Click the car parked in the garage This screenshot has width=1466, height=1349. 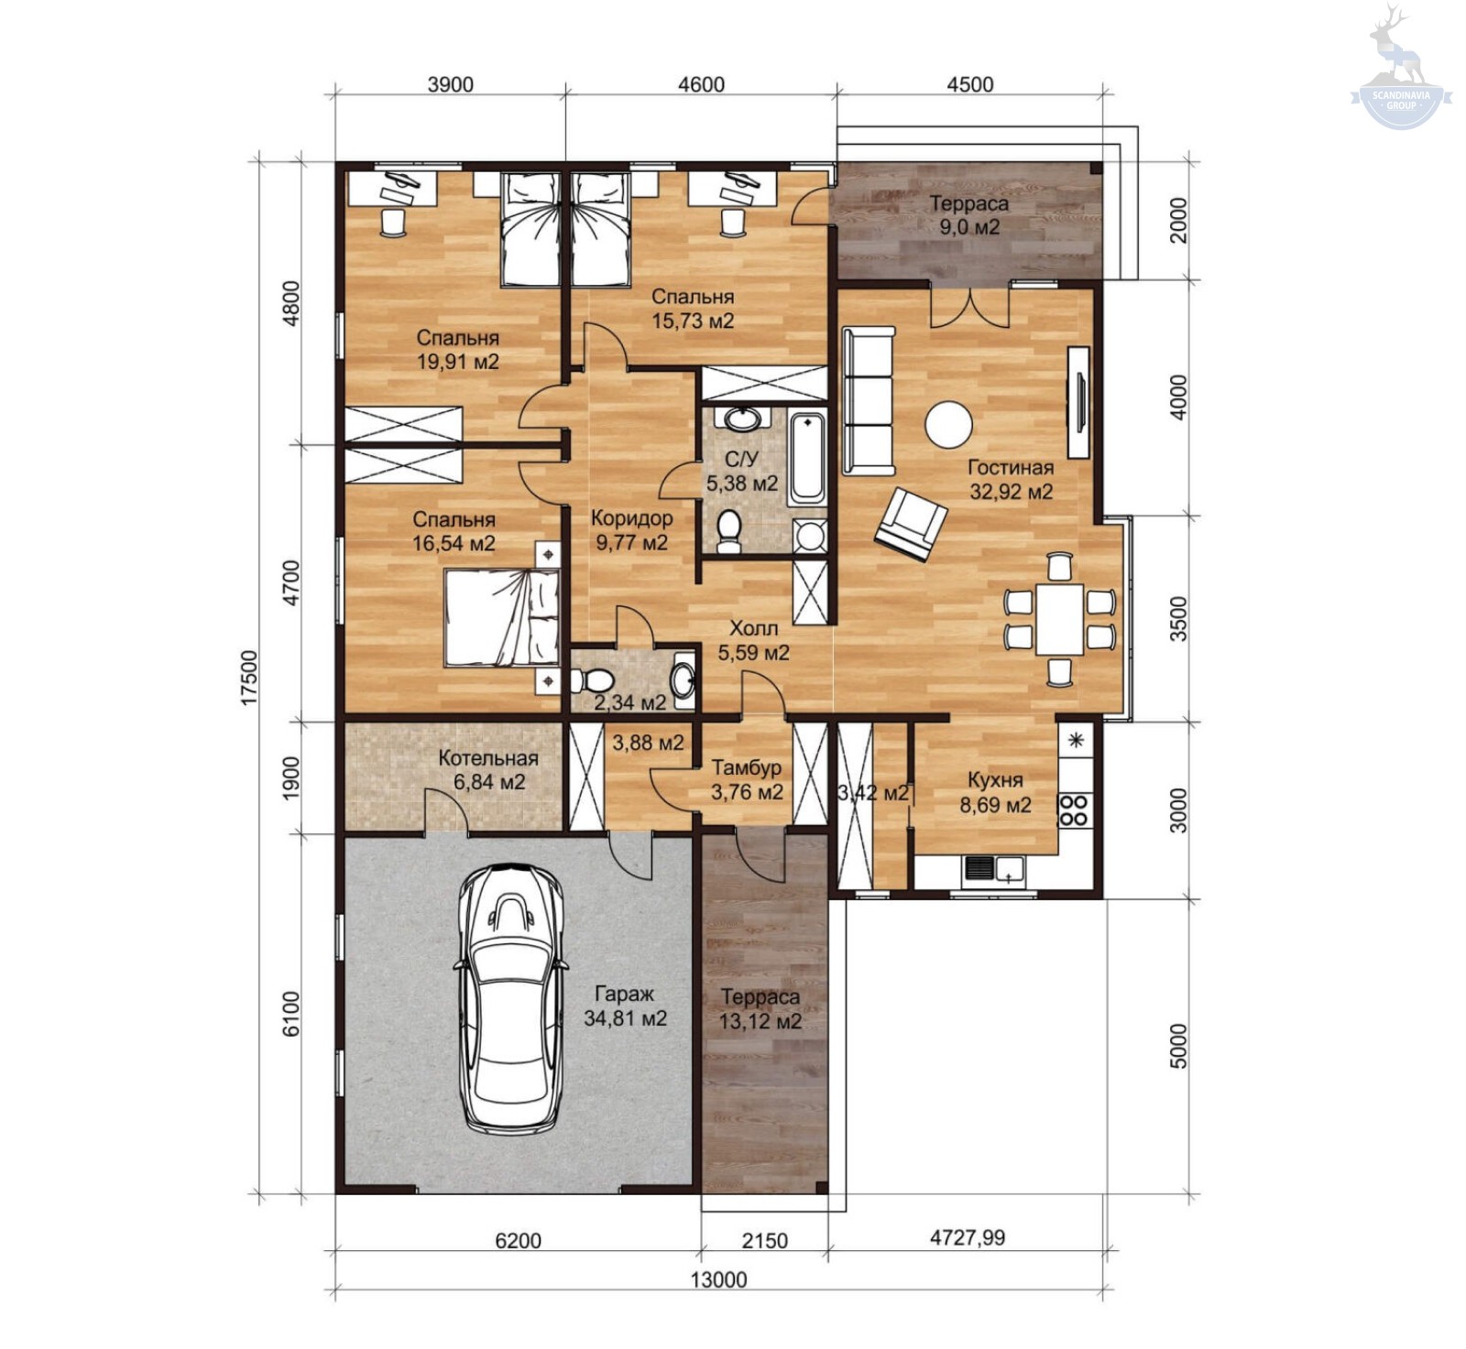click(511, 997)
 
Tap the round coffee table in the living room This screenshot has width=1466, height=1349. click(947, 425)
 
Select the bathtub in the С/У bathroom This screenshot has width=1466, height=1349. click(807, 459)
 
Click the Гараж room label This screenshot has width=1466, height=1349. click(625, 994)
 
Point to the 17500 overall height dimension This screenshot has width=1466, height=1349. click(250, 678)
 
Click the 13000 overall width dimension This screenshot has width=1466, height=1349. click(719, 1279)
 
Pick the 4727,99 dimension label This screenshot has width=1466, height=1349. click(968, 1238)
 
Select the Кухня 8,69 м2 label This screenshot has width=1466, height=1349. click(995, 792)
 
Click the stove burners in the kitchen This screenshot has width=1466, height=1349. click(1074, 810)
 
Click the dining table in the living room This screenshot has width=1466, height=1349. click(1060, 620)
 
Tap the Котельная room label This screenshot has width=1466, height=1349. click(488, 758)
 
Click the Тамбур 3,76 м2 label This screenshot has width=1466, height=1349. click(747, 779)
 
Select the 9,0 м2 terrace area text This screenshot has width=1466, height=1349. click(969, 226)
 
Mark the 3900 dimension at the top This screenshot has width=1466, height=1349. click(451, 84)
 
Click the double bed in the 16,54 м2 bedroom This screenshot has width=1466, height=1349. click(502, 617)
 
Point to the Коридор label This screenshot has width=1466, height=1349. click(632, 517)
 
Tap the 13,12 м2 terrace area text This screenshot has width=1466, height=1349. click(760, 1020)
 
